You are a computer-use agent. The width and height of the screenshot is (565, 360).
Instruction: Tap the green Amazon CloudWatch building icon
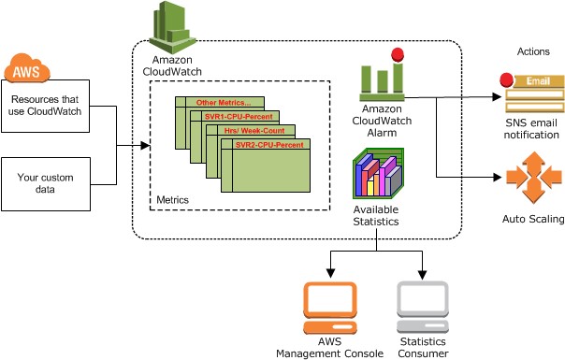click(174, 25)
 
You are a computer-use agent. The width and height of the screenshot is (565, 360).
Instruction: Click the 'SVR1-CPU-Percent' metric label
click(239, 117)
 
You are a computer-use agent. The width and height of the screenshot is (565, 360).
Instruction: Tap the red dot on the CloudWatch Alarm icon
click(397, 55)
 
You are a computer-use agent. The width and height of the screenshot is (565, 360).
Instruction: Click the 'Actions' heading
click(531, 50)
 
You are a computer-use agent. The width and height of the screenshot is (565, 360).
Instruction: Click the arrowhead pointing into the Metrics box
click(146, 146)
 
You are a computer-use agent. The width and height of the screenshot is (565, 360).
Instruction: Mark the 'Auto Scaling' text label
click(532, 220)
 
